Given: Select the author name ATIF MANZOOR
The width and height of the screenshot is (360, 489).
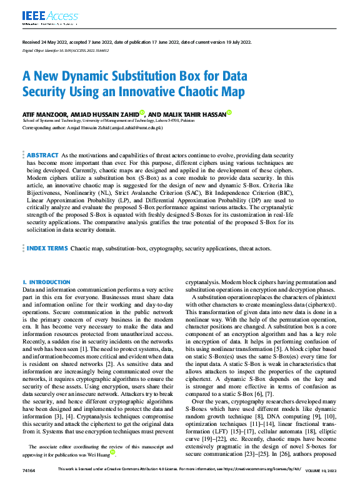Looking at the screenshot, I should click(x=44, y=115).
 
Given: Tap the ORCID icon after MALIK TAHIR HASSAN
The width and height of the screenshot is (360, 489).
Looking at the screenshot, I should click(x=229, y=113).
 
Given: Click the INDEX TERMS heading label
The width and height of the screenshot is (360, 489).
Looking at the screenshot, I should click(x=47, y=249).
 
